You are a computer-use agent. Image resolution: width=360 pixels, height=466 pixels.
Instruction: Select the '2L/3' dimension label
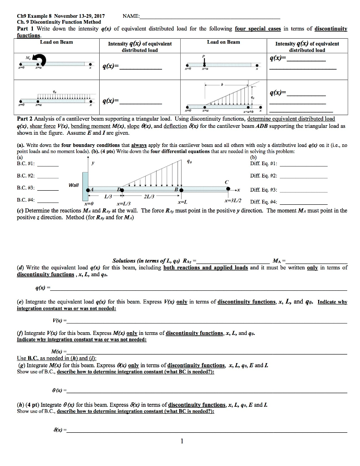pos(148,196)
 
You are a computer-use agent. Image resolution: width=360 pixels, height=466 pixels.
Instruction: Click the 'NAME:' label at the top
pos(132,15)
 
